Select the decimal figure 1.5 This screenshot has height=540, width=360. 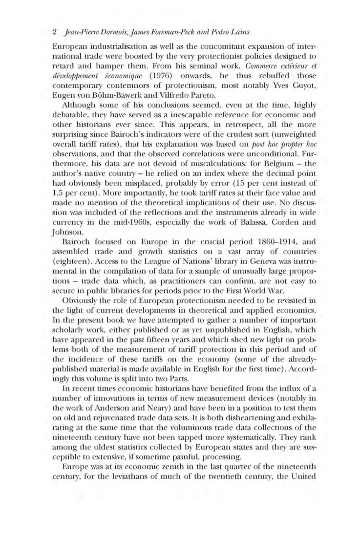(x=58, y=204)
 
